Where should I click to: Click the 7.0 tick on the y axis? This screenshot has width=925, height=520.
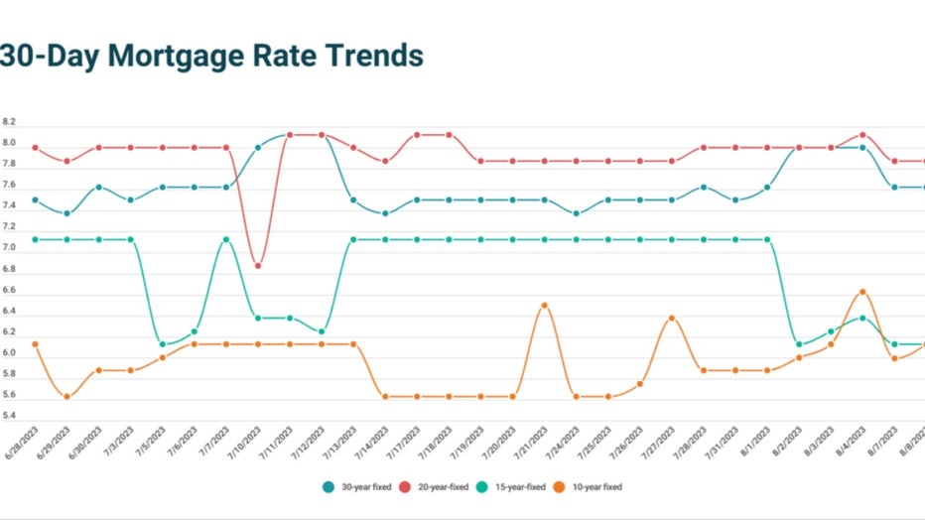tap(9, 248)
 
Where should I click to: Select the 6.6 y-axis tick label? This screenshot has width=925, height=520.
tap(9, 291)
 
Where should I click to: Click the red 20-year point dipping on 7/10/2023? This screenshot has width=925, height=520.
tap(258, 265)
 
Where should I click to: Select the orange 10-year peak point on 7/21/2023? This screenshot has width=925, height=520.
tap(544, 305)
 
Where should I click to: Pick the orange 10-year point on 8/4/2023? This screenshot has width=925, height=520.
tap(862, 292)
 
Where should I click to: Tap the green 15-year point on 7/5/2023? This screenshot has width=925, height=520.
tap(163, 344)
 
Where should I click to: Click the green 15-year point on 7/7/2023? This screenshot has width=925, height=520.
tap(226, 239)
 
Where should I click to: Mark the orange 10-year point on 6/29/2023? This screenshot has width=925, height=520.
tap(66, 397)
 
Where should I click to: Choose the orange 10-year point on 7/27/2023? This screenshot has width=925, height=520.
tap(672, 318)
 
